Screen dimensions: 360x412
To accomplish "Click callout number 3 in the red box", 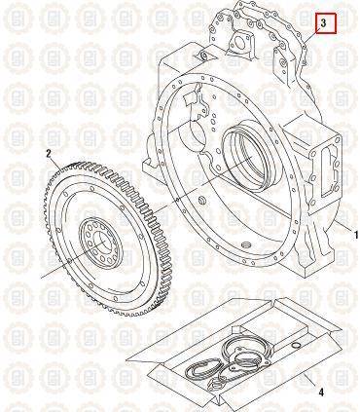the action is coord(323,22).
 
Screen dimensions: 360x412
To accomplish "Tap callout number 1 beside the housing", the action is coord(355,235).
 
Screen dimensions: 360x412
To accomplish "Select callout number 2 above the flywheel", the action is coord(49,154).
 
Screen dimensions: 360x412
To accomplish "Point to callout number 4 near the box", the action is coord(321,393).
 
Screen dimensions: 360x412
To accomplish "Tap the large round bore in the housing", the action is coord(249,158).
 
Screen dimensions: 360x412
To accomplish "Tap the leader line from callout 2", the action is coord(55,165).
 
